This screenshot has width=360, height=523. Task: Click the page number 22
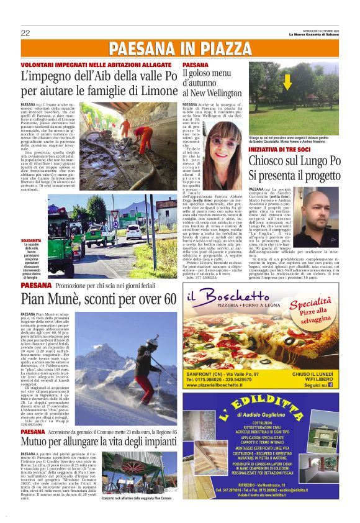pos(25,33)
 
